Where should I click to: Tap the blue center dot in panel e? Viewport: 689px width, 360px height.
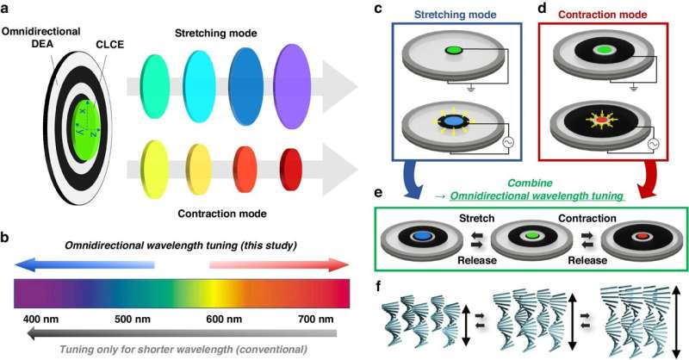click(422, 235)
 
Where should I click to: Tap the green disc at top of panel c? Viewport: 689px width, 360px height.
click(455, 52)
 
